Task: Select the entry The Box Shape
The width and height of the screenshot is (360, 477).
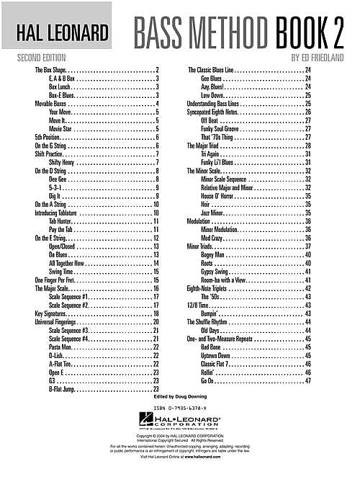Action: click(50, 70)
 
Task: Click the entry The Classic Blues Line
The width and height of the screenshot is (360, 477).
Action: click(216, 70)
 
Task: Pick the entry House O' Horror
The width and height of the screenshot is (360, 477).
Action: click(220, 195)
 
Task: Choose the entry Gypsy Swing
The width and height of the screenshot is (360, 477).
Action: click(216, 272)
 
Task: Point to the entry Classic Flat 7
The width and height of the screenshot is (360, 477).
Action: click(219, 364)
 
